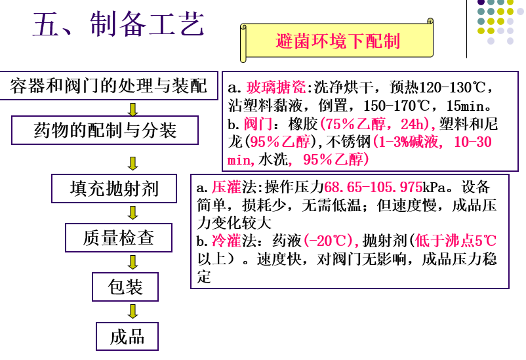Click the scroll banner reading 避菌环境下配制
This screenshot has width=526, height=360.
click(x=338, y=41)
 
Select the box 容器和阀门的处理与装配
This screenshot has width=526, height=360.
click(x=109, y=85)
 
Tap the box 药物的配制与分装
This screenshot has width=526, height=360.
click(x=105, y=130)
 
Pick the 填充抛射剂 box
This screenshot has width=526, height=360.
click(x=114, y=189)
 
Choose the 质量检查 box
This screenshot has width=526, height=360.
click(x=118, y=237)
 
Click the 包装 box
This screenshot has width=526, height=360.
click(x=125, y=287)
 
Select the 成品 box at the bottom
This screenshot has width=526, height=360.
click(x=127, y=336)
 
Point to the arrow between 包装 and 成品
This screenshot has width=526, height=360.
click(x=132, y=311)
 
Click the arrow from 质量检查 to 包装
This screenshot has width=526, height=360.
click(x=132, y=262)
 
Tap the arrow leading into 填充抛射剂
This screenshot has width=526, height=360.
click(x=132, y=163)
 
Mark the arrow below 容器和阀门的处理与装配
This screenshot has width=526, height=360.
click(x=132, y=108)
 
